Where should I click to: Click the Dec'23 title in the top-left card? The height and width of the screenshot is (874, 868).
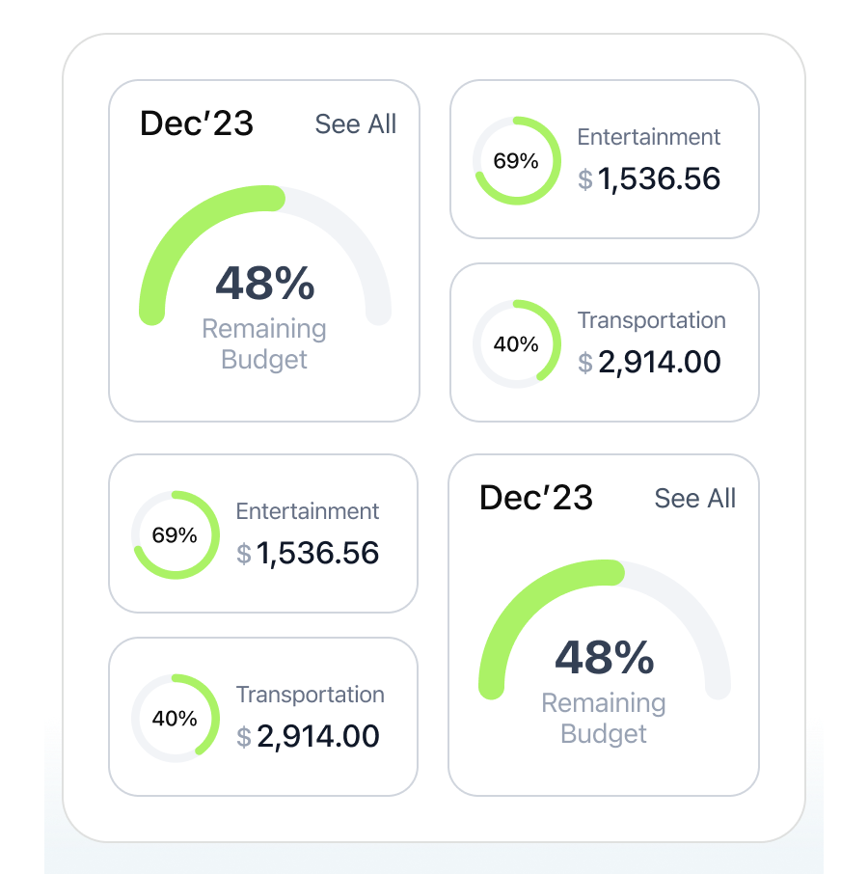click(x=197, y=123)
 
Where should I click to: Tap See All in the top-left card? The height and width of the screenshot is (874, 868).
click(x=356, y=124)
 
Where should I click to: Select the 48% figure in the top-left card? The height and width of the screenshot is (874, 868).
click(x=264, y=284)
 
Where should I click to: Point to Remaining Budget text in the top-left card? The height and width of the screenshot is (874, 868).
click(x=264, y=344)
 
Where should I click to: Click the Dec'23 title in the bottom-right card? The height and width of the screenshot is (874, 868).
click(x=536, y=498)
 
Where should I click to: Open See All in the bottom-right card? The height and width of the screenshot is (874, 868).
click(x=695, y=499)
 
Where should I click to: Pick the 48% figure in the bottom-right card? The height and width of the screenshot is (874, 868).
click(x=604, y=658)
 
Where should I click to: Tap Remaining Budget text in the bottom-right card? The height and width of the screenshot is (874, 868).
click(x=604, y=719)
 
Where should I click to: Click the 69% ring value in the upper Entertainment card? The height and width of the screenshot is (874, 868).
click(x=516, y=161)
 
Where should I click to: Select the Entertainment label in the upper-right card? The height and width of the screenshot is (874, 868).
click(x=649, y=137)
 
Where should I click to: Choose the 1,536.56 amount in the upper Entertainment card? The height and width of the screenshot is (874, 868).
click(x=660, y=178)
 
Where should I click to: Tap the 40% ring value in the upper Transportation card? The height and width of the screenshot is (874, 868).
click(x=516, y=344)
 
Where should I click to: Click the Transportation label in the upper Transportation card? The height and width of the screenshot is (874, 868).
click(x=652, y=320)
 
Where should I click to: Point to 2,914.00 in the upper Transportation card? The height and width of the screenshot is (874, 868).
click(x=660, y=362)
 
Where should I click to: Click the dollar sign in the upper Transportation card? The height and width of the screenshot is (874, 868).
click(x=585, y=363)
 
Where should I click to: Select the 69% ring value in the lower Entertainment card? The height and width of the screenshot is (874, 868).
click(x=175, y=535)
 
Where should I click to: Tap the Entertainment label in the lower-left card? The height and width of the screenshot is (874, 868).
click(x=308, y=511)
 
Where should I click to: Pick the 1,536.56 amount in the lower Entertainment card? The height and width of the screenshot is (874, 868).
click(x=318, y=553)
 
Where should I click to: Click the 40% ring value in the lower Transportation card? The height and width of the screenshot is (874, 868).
click(x=175, y=719)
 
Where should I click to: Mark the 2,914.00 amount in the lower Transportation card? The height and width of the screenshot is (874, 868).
click(x=318, y=736)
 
